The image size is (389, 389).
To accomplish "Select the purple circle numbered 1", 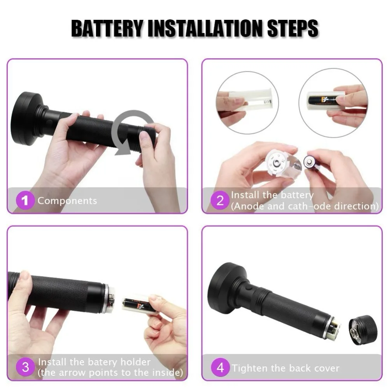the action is (x=25, y=200).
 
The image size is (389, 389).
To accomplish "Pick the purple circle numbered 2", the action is (x=220, y=200).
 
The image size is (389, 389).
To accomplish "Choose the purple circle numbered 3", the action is (x=25, y=367).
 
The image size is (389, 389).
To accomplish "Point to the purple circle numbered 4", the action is (x=220, y=367).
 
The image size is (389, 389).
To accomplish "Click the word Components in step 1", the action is (x=67, y=201).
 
